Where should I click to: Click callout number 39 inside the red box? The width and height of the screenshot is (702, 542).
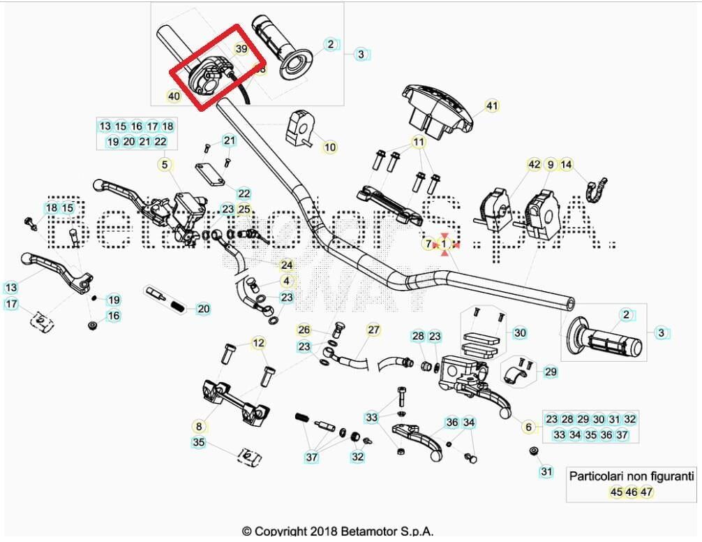241,49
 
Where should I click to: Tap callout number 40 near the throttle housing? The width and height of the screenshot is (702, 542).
174,96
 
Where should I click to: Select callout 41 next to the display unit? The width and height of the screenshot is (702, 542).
493,106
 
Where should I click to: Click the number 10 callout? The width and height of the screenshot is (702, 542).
330,147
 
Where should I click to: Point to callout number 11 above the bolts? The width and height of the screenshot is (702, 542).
419,142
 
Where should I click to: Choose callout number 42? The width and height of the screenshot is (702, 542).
534,165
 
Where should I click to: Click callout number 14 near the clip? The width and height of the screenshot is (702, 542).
567,165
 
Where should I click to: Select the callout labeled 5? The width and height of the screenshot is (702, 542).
165,165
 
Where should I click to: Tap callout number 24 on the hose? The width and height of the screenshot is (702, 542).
287,265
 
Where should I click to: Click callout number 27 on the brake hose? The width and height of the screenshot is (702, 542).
373,330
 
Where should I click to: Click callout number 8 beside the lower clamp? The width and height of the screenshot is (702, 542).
199,425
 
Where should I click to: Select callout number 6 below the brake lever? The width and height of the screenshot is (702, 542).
528,427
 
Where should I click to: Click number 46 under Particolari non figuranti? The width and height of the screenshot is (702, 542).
632,492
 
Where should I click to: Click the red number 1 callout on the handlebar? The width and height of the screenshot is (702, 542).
442,244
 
